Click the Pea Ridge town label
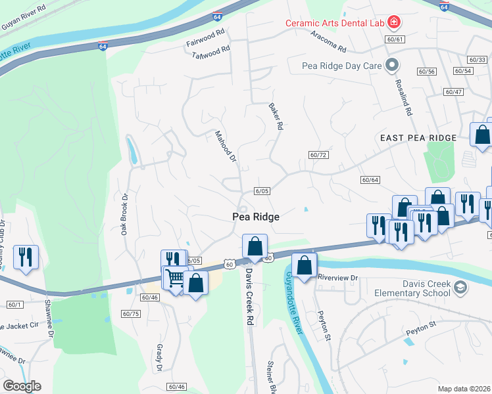(x=256, y=217)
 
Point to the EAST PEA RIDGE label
(x=418, y=138)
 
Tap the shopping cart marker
(x=174, y=278)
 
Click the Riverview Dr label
(x=337, y=278)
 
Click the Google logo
(x=21, y=385)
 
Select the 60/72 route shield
(x=318, y=155)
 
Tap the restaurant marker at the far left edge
(x=26, y=256)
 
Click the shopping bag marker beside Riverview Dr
(x=303, y=265)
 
